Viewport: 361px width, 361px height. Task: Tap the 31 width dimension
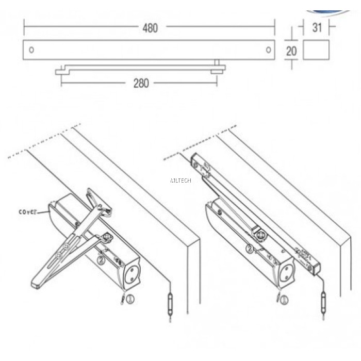tap(317, 27)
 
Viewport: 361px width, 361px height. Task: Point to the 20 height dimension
tap(292, 52)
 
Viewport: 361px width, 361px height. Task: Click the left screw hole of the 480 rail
tap(32, 50)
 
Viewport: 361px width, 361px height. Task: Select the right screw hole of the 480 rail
tap(268, 50)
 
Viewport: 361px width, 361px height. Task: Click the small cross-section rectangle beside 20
tap(316, 52)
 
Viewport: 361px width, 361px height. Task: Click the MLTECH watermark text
tap(180, 180)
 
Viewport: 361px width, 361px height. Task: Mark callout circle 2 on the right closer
tap(250, 249)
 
